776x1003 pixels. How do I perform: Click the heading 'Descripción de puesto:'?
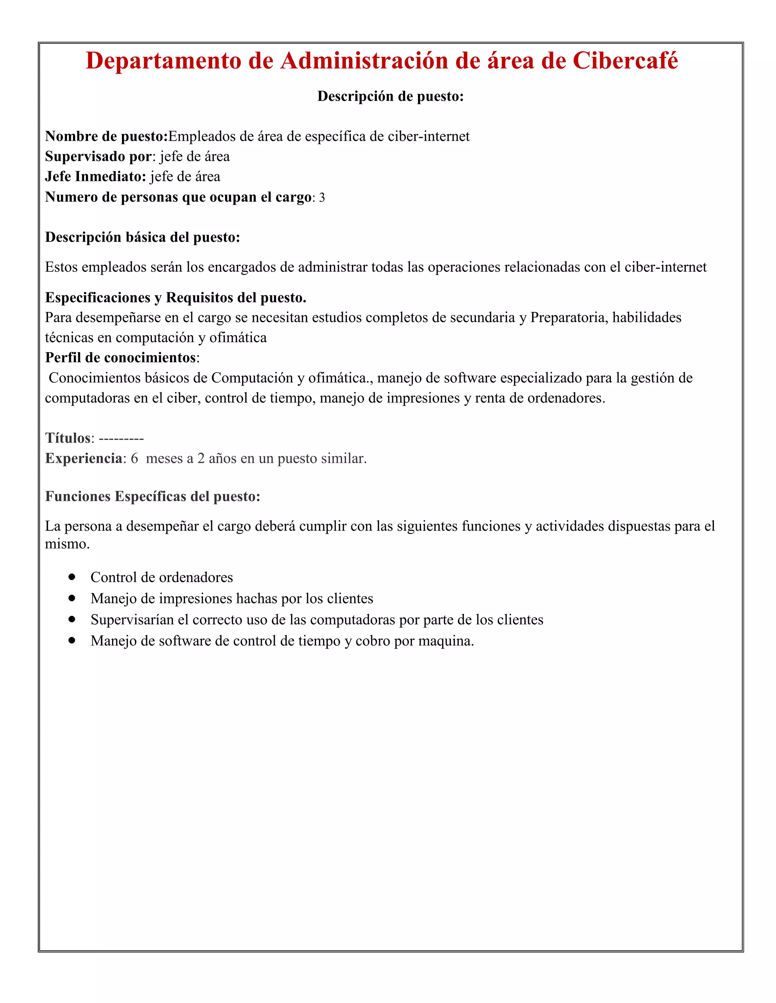coord(390,96)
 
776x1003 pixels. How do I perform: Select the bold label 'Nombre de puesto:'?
coord(106,136)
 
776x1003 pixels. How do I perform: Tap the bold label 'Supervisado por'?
coord(98,157)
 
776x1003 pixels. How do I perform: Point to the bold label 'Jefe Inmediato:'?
coord(95,177)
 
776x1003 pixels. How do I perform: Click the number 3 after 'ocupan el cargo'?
coord(322,197)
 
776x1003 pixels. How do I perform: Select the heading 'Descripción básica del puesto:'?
coord(142,237)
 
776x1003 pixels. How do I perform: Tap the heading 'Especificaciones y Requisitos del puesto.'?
coord(175,298)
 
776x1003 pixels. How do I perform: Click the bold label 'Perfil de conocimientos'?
coord(120,357)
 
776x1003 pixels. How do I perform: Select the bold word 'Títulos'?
coord(68,438)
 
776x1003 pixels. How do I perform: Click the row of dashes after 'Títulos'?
coord(121,439)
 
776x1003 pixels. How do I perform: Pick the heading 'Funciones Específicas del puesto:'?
coord(152,497)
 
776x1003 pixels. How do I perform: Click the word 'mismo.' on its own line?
coord(67,544)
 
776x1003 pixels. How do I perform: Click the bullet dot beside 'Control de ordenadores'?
coord(72,577)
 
